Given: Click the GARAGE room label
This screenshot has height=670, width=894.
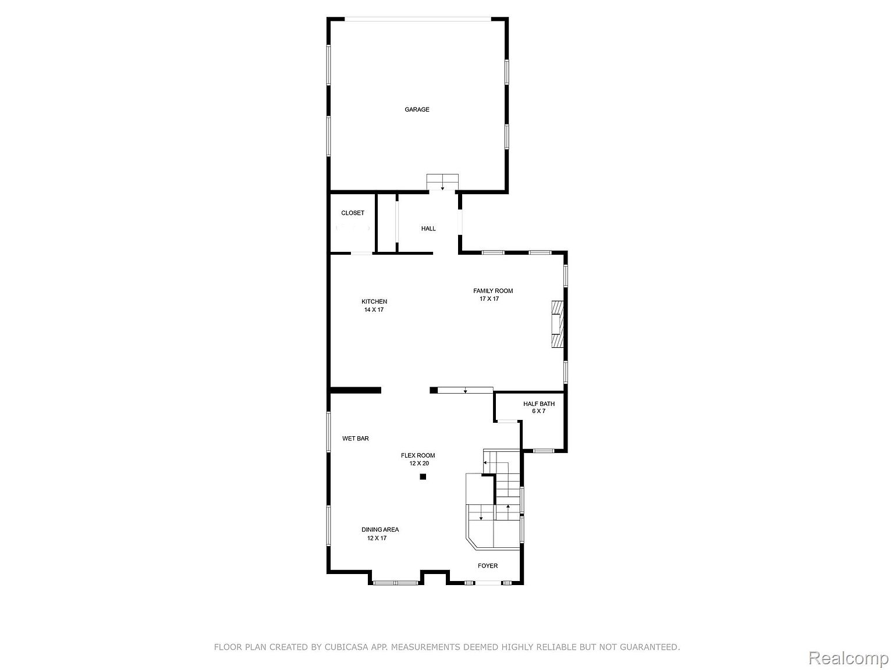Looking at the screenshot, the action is (x=417, y=109).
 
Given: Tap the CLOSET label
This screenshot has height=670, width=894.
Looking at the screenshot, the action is (x=353, y=213).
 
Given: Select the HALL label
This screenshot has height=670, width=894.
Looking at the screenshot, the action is (x=428, y=229).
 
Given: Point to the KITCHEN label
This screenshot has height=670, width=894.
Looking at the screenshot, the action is (x=374, y=301).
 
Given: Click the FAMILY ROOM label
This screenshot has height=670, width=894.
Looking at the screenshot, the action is (x=493, y=291).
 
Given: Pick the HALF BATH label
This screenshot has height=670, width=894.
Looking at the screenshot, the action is (x=539, y=404).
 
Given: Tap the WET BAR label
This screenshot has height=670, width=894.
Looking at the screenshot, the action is (x=356, y=439).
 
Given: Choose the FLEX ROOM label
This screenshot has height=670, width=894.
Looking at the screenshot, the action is (x=418, y=455).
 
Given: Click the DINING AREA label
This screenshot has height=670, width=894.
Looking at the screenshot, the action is (x=380, y=530).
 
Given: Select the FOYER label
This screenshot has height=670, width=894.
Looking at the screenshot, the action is (x=488, y=566).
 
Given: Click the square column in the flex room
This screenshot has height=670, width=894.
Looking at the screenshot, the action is (x=423, y=477).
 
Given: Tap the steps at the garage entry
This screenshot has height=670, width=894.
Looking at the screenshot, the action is (x=442, y=182).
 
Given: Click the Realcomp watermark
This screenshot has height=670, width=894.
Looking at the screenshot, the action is (x=849, y=658).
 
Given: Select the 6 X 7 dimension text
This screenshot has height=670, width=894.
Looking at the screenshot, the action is (x=538, y=411).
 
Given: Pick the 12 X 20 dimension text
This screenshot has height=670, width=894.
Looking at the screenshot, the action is (x=419, y=464).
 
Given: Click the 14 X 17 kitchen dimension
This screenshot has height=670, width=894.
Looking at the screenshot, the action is (x=374, y=309).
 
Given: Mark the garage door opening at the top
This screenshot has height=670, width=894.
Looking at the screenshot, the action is (x=418, y=19).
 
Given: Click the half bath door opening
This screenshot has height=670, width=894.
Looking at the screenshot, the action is (x=508, y=421).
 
